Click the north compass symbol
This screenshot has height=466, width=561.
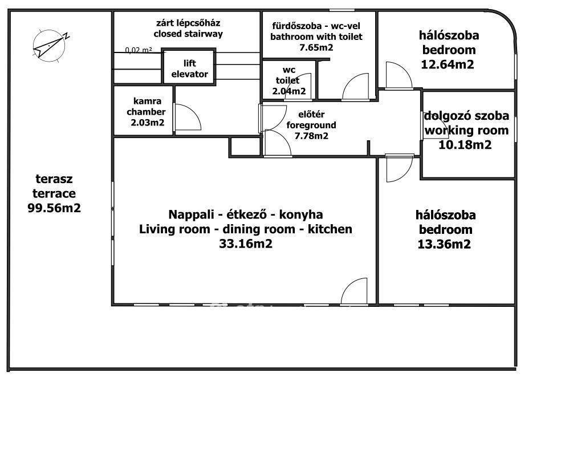point(50,46)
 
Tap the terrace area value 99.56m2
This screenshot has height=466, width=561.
point(54,208)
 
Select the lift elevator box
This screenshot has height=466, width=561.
point(189,67)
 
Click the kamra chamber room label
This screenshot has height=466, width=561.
point(147,106)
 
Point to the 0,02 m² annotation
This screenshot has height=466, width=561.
point(139,50)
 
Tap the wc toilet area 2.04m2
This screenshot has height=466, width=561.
point(289,91)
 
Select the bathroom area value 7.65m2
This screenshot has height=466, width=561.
point(316,47)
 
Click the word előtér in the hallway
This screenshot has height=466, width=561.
point(311,115)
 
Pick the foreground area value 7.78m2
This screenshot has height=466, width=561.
point(311,136)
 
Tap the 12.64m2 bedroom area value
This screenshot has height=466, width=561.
point(447,64)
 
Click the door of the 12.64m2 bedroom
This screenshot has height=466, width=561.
point(399,75)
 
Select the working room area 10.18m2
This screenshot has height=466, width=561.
point(465,145)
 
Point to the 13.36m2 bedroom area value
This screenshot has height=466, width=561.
point(444,245)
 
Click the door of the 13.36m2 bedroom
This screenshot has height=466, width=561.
point(400,168)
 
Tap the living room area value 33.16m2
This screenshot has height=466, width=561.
point(246,244)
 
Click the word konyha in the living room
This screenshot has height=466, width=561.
point(301,214)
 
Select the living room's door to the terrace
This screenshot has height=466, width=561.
point(354,291)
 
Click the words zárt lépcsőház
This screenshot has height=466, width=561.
point(188,23)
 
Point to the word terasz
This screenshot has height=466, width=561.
point(54,179)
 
